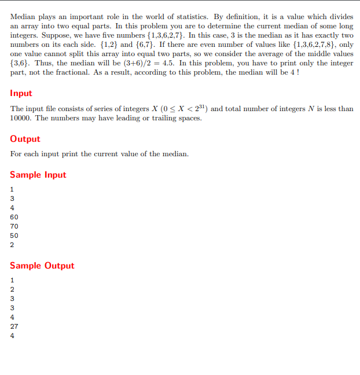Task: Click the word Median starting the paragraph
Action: pos(22,17)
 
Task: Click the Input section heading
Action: pos(21,93)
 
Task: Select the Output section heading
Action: pos(25,139)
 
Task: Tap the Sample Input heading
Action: pos(38,175)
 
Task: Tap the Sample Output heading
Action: pos(42,266)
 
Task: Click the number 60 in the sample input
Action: pos(14,217)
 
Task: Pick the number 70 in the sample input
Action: pos(14,226)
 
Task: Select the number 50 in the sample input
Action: pos(14,236)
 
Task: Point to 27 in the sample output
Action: pos(14,326)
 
